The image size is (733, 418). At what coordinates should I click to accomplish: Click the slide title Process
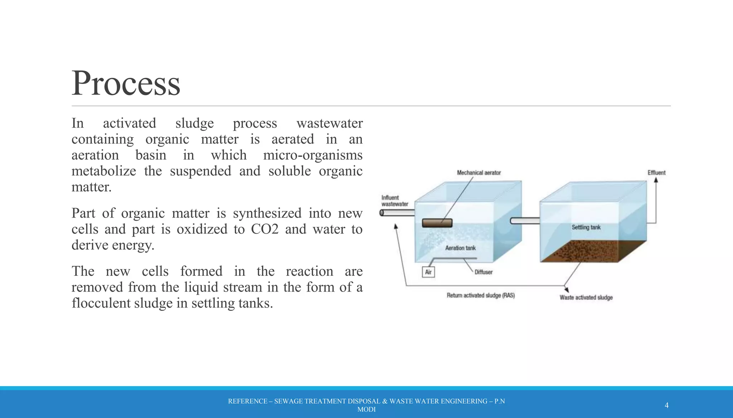126,83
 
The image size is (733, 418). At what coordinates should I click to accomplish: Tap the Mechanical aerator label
479,173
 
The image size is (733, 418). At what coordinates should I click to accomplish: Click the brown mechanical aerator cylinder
437,223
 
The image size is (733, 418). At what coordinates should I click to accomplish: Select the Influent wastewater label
394,201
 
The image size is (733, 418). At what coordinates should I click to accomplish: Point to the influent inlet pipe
397,213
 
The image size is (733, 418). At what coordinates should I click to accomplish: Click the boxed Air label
428,272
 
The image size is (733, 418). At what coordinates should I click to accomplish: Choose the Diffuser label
484,272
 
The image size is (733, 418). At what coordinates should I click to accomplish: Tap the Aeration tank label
460,248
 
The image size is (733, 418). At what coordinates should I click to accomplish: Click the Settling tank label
586,227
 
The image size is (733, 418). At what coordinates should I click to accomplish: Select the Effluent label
656,173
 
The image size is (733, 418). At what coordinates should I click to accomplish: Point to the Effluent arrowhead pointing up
656,180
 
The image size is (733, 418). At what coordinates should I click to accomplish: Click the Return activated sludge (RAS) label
480,295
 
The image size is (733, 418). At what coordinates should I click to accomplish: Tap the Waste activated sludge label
586,298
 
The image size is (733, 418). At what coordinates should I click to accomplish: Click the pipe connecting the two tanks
525,221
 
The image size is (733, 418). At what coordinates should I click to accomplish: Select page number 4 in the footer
666,405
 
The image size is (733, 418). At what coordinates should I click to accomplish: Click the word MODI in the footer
366,410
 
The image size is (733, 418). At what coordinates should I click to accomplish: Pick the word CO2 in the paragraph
264,229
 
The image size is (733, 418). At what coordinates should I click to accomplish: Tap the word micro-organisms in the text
312,155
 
